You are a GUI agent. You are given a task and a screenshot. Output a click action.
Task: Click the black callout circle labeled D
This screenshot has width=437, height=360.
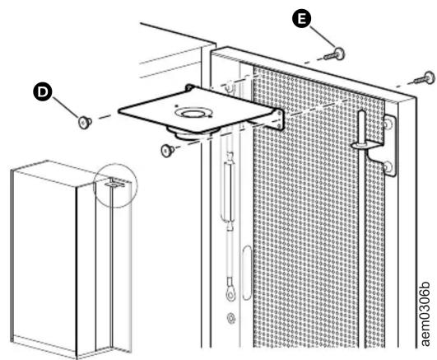click(x=42, y=91)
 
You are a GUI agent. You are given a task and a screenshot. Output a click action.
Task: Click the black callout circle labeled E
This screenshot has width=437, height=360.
click(x=301, y=19)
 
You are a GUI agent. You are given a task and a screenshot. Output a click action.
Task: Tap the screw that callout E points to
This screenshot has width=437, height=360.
click(x=335, y=54)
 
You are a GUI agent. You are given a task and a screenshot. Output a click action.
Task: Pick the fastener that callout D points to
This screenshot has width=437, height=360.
click(x=85, y=123)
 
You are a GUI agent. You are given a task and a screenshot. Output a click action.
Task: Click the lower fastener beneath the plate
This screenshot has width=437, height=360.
click(x=168, y=151)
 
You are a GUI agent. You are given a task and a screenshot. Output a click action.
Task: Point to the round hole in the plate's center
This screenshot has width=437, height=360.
click(x=193, y=114)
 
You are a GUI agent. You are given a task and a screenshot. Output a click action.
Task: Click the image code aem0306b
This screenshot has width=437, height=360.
click(x=425, y=314)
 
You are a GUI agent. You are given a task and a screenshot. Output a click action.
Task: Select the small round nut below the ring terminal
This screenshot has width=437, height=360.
click(x=231, y=318)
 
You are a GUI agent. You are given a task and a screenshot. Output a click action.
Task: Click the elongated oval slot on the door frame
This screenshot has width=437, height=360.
click(x=246, y=273)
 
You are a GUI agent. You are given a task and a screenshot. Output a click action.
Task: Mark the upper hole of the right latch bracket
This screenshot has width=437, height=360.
click(x=388, y=123)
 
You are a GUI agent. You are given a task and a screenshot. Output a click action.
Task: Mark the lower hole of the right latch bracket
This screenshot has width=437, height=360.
click(x=388, y=167)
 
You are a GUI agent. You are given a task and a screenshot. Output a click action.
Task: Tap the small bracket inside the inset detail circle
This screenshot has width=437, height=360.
click(x=114, y=183)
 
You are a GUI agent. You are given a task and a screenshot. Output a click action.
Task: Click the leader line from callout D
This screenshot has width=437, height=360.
click(x=65, y=108)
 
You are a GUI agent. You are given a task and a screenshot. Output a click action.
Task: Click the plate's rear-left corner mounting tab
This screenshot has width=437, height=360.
click(x=189, y=87)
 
